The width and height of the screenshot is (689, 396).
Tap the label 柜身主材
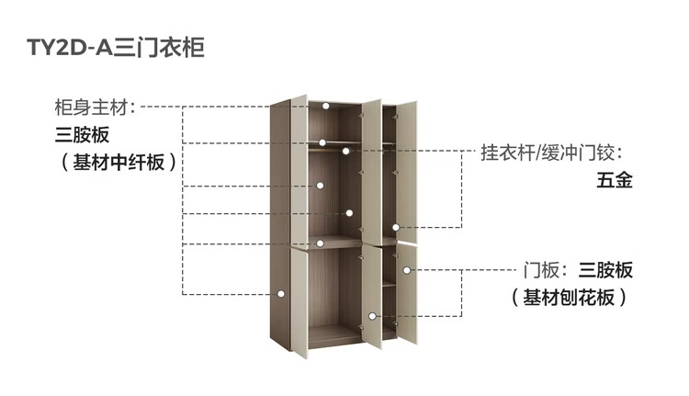point(94,107)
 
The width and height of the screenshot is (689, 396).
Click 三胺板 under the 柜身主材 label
point(82,135)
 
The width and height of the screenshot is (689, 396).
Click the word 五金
point(614,180)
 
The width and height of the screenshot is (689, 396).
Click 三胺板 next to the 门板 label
point(605,270)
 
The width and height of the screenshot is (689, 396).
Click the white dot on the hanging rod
point(322,142)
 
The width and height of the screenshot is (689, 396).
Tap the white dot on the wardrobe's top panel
point(326,106)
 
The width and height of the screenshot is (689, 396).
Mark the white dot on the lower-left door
point(280,294)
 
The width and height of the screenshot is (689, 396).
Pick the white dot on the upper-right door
point(396,227)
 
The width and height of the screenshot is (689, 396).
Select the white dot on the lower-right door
point(405,270)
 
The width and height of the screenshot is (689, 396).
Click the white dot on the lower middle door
point(371,316)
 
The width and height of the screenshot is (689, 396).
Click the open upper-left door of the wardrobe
point(299,170)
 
